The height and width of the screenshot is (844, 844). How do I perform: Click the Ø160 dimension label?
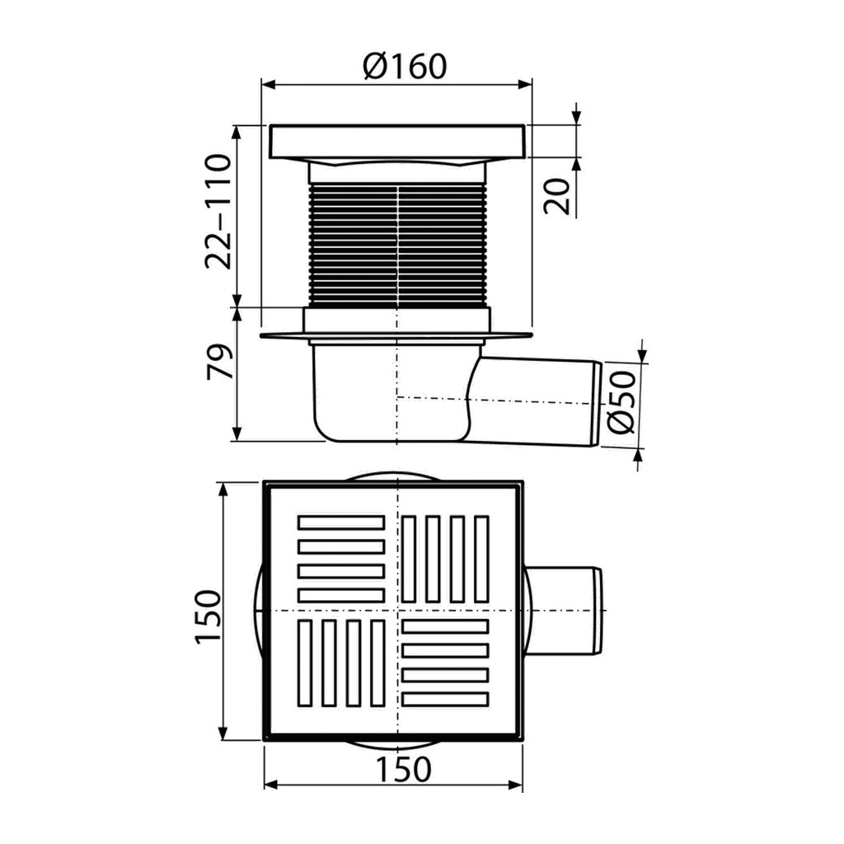tap(405, 66)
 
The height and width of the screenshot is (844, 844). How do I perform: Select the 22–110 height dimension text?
tap(218, 211)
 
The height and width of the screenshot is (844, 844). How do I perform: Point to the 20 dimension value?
tap(556, 196)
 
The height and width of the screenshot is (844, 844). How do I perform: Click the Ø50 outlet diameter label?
tap(621, 401)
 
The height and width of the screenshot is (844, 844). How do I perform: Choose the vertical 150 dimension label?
tap(208, 617)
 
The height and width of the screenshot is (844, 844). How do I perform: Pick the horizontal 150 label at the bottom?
tap(404, 769)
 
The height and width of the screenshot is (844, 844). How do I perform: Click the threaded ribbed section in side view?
tap(398, 246)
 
